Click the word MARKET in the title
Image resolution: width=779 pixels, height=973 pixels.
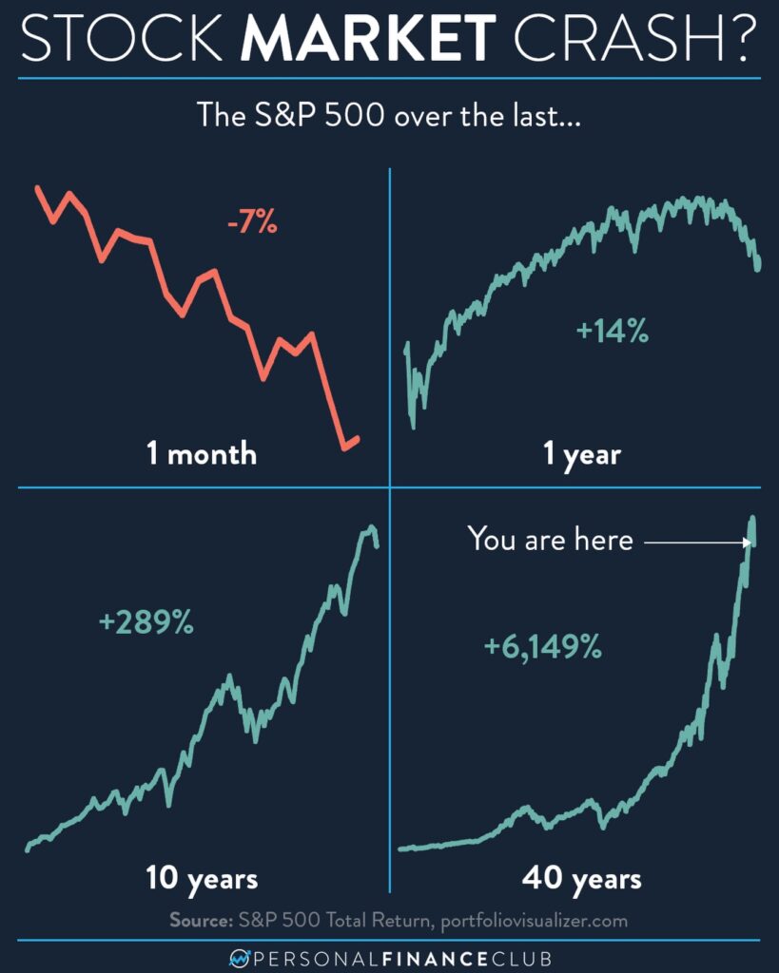(371, 41)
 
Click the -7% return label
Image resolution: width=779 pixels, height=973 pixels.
(252, 225)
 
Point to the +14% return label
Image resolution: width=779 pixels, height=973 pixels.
(613, 332)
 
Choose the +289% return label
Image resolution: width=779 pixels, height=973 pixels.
(146, 623)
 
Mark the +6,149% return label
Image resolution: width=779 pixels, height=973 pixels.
(542, 648)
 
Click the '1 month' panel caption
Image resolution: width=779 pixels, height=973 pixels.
(202, 453)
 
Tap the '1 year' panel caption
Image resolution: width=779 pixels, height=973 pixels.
(581, 454)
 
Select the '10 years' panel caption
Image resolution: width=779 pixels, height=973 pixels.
(202, 878)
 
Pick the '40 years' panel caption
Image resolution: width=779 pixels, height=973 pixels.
(581, 879)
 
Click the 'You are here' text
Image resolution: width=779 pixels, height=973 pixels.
(550, 540)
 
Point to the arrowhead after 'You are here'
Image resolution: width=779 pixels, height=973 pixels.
(749, 542)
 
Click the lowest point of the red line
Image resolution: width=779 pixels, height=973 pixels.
(344, 446)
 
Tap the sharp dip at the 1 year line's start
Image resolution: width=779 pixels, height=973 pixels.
(413, 425)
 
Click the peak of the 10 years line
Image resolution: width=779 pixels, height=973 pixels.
(371, 527)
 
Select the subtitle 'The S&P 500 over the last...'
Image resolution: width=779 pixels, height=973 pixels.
(389, 116)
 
